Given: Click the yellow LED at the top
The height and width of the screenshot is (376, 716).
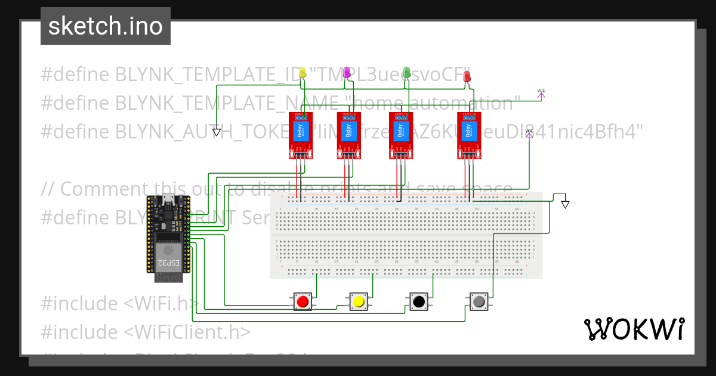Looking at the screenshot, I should [x=303, y=73].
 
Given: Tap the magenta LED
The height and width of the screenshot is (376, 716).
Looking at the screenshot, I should [x=347, y=73].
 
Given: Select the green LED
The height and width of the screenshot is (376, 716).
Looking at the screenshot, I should [x=407, y=73].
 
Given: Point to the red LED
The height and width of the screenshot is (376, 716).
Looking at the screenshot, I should [x=467, y=76].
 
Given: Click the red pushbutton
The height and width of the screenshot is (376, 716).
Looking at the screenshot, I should [x=303, y=301].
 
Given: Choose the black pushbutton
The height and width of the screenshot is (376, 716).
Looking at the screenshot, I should [x=418, y=301].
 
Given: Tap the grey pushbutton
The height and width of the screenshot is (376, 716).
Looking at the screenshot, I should [x=478, y=301].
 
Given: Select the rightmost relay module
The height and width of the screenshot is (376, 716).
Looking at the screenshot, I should [x=470, y=136].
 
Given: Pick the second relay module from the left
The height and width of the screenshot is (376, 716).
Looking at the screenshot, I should [x=348, y=136].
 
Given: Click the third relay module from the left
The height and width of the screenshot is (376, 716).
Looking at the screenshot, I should [x=401, y=136].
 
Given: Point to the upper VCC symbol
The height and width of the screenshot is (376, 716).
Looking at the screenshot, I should [x=541, y=93].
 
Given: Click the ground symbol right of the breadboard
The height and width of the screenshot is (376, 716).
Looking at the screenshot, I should [x=565, y=205].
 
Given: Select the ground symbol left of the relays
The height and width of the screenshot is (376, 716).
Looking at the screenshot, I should [x=217, y=132].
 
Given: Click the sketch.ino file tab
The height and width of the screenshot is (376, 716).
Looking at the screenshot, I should [x=105, y=26].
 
